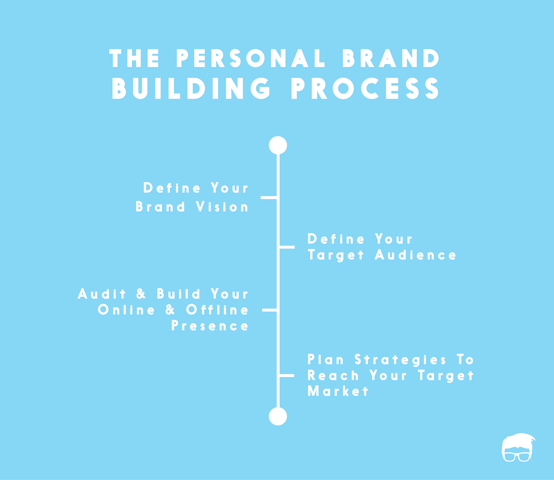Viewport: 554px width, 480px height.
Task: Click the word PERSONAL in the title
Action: tap(250, 58)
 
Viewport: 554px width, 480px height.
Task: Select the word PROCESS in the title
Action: tap(365, 88)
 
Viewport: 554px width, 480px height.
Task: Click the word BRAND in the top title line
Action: tap(391, 58)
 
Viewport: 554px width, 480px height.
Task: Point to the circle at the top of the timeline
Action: tap(278, 145)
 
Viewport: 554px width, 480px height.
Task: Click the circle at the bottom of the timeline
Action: tap(278, 416)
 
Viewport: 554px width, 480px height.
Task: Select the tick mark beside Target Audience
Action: tap(287, 247)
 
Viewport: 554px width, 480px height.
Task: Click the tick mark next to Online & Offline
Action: tap(269, 310)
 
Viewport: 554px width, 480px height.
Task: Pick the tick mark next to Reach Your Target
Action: tap(287, 375)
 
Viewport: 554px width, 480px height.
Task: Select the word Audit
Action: tap(102, 294)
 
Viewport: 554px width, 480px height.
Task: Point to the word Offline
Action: tap(217, 310)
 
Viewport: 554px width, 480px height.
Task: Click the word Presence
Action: tap(210, 326)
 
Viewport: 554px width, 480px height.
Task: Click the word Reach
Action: tap(333, 375)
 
